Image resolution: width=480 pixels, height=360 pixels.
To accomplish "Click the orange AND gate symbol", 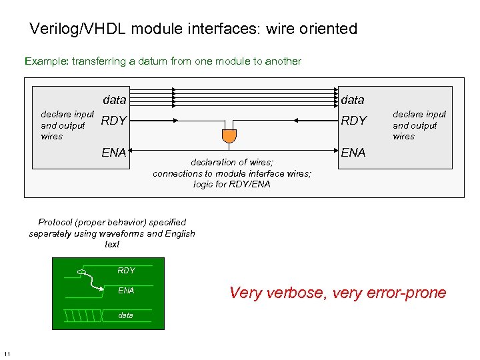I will (x=229, y=135).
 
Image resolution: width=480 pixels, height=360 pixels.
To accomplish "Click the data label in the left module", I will (x=115, y=100).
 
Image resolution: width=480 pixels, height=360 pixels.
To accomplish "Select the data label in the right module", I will (x=353, y=100).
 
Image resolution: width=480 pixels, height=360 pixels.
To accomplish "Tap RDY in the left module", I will (x=113, y=121).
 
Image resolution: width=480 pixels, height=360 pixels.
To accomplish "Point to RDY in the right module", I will (x=354, y=121).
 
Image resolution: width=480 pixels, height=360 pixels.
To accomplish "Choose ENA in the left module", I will (x=114, y=153).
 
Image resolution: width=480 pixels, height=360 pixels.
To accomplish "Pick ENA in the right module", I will (x=353, y=153).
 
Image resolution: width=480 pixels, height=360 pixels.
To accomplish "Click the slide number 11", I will (x=7, y=353).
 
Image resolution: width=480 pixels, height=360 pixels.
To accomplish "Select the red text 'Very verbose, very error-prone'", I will (x=338, y=293).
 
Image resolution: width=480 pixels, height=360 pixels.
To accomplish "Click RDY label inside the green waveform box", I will (x=126, y=271).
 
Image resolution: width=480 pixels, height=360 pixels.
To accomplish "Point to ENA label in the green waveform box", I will (x=126, y=291).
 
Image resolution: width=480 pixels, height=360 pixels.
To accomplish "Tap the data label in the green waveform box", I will (x=125, y=315).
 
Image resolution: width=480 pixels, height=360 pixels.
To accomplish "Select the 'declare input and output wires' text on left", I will (x=67, y=125).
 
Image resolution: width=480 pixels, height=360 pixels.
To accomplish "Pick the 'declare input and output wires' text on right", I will (x=419, y=125).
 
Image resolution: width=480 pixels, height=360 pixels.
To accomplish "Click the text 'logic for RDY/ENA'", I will (x=232, y=184).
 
